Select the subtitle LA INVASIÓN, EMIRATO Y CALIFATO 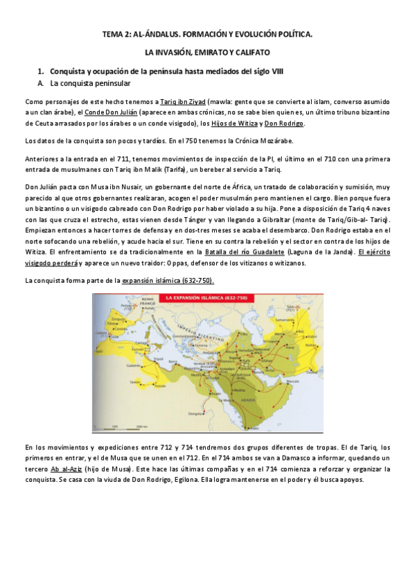(x=207, y=52)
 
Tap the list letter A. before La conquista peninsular (x=42, y=83)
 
